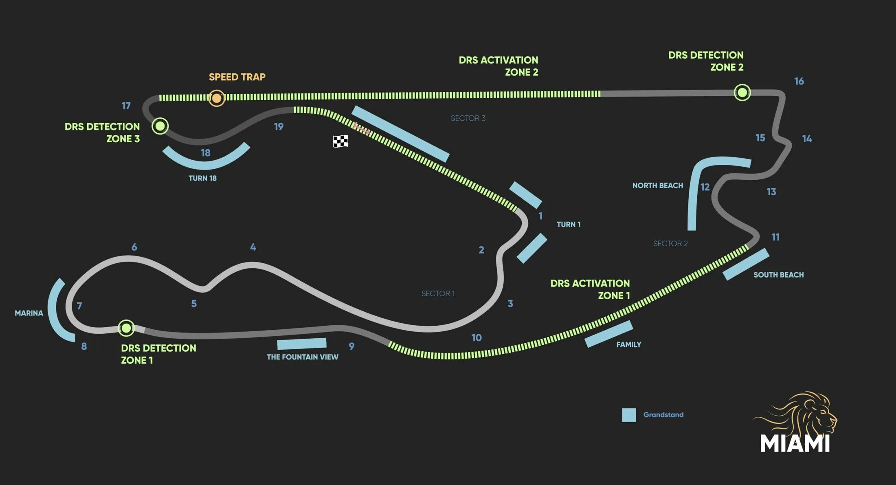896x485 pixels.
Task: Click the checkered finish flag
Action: pyautogui.click(x=340, y=141)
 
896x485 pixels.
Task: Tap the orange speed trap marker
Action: pyautogui.click(x=217, y=98)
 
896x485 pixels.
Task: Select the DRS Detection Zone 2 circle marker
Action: pyautogui.click(x=742, y=93)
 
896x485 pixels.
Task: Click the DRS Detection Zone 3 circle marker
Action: pyautogui.click(x=160, y=126)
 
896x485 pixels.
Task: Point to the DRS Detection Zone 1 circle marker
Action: pyautogui.click(x=126, y=328)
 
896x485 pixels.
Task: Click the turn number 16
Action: pyautogui.click(x=799, y=82)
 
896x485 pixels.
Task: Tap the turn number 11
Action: pyautogui.click(x=775, y=237)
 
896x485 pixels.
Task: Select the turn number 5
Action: pyautogui.click(x=194, y=304)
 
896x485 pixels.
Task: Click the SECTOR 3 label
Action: pyautogui.click(x=468, y=118)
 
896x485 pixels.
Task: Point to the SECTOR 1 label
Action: pyautogui.click(x=438, y=293)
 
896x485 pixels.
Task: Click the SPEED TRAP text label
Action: pyautogui.click(x=237, y=77)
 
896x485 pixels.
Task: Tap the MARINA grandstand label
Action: pyautogui.click(x=29, y=313)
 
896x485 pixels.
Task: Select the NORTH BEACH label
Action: pyautogui.click(x=657, y=185)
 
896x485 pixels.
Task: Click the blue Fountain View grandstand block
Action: pyautogui.click(x=302, y=344)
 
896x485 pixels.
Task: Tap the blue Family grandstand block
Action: pyautogui.click(x=608, y=334)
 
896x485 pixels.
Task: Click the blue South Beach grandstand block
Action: pyautogui.click(x=746, y=264)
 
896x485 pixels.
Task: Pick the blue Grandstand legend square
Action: pyautogui.click(x=629, y=415)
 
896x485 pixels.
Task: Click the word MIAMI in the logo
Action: pyautogui.click(x=795, y=443)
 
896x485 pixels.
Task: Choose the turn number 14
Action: pyautogui.click(x=807, y=139)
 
